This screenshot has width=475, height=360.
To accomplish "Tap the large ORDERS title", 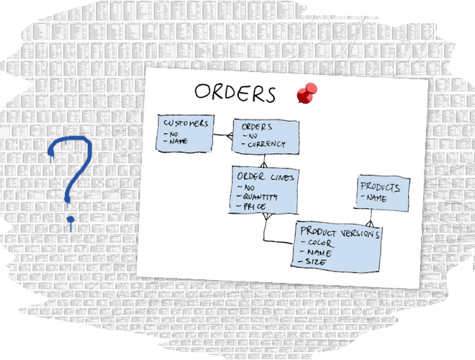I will coord(235,94).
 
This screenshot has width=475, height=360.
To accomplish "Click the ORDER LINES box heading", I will coord(265,177).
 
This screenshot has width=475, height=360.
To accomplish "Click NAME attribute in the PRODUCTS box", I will coord(376,198).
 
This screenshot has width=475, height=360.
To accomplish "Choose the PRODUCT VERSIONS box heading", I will coord(340,232).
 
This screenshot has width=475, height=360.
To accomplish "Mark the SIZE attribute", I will coord(315,262).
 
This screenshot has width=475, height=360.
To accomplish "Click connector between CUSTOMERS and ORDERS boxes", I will coord(222,135).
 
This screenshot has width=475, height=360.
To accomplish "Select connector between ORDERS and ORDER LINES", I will coord(264,160).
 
